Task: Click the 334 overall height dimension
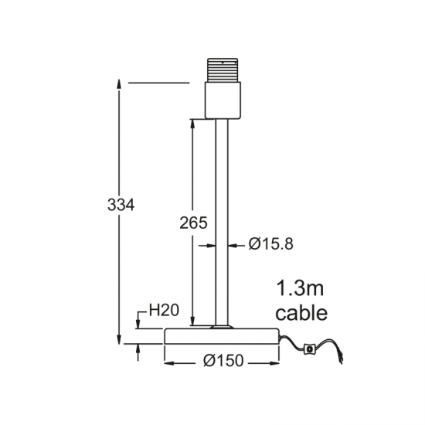121,205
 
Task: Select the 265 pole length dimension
193,223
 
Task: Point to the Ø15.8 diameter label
271,243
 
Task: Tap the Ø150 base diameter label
223,361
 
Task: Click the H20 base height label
164,310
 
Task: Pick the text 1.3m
300,288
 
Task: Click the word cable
301,313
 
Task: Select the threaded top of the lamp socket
223,70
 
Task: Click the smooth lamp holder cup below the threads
223,100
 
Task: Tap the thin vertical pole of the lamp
222,223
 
